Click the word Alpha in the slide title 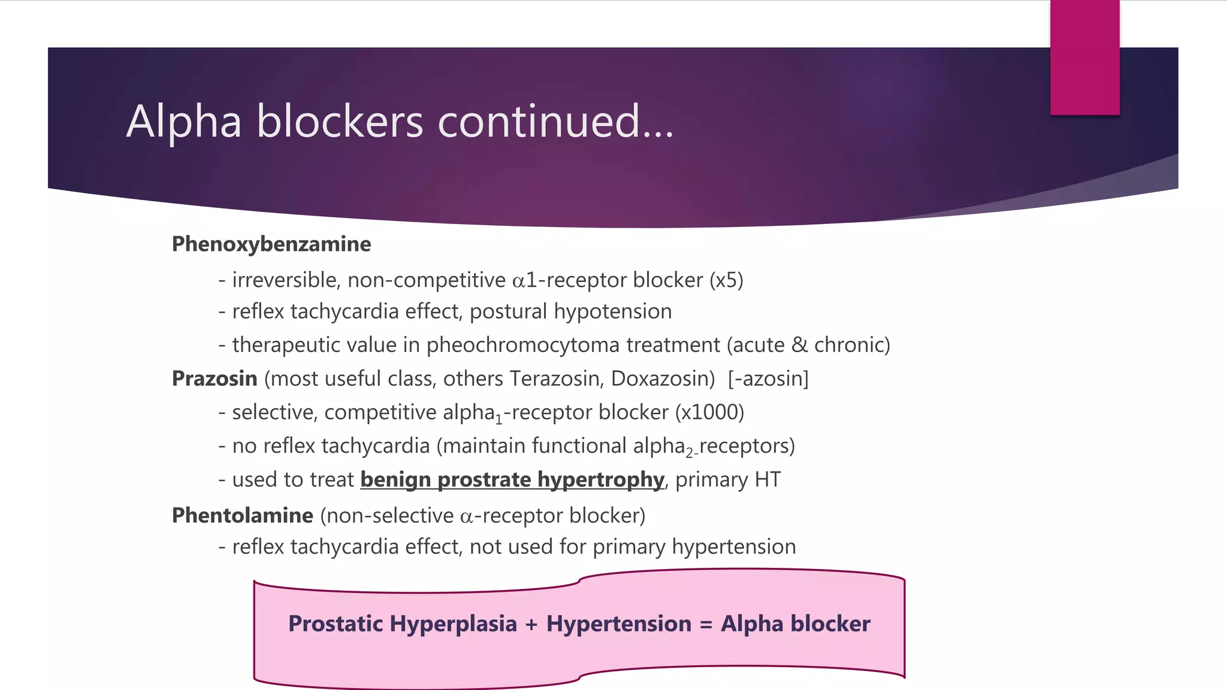(184, 122)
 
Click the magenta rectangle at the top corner (1084, 57)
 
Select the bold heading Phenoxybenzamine (271, 244)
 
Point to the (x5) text (726, 280)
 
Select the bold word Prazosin (214, 379)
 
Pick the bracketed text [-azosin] (768, 379)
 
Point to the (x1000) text (709, 412)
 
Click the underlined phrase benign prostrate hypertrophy (512, 480)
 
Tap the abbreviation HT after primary (767, 480)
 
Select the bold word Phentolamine (242, 516)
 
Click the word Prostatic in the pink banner (336, 624)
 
